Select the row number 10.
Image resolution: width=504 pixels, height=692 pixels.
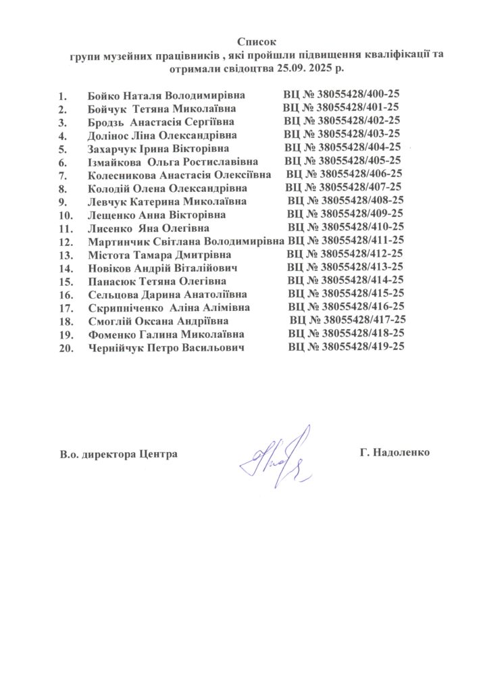[66, 216]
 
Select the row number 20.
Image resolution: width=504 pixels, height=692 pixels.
[66, 348]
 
